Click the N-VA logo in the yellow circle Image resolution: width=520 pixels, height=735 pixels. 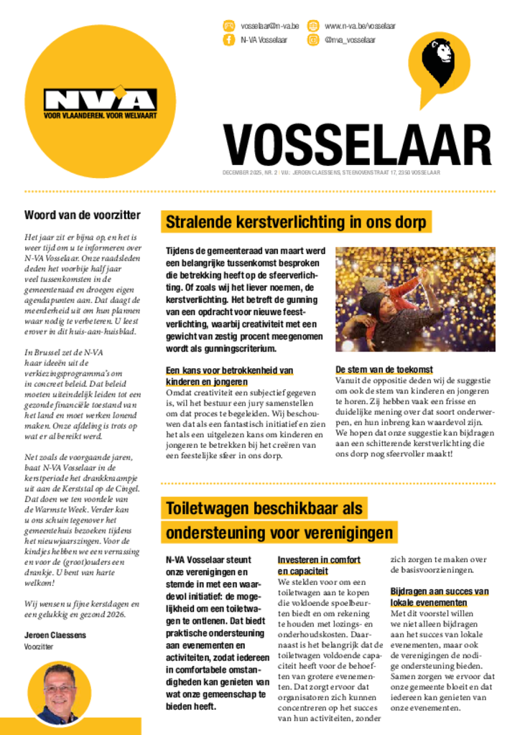pos(100,99)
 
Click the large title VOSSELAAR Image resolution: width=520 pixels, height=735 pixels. pos(357,146)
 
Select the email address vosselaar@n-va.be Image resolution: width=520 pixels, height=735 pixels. pos(269,26)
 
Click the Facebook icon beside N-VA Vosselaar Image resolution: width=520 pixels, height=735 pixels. pos(229,40)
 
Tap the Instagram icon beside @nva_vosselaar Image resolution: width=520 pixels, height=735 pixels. pos(313,40)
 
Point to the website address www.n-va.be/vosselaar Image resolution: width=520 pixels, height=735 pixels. pos(360,26)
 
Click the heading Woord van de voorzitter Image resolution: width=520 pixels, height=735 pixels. pos(83,215)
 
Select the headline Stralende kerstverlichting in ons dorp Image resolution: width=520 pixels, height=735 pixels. pos(297,222)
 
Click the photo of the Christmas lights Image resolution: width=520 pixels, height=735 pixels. pos(415,299)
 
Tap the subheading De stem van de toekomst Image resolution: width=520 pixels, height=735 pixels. pos(384,369)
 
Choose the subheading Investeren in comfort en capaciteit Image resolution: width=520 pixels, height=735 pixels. pos(319,566)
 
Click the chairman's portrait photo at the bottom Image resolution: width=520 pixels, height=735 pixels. pos(60,692)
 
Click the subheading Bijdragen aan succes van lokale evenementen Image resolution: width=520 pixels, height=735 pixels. pos(440,597)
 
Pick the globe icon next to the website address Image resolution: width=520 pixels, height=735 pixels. pos(313,26)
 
